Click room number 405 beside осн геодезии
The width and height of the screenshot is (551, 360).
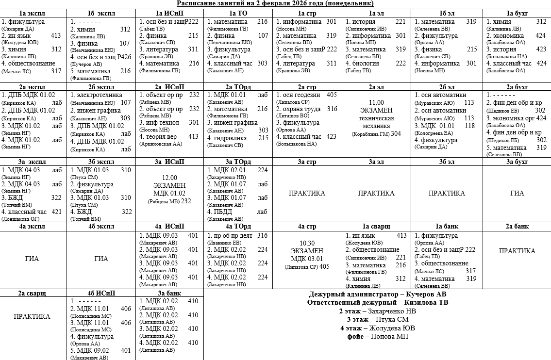(x=332, y=95)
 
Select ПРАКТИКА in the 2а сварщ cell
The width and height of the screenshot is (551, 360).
(x=32, y=316)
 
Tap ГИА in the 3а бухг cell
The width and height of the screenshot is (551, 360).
(x=517, y=193)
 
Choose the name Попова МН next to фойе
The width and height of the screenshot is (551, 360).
(x=389, y=336)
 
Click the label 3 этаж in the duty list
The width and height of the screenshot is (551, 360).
(x=356, y=319)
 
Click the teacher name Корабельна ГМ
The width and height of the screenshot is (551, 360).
(x=370, y=133)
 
